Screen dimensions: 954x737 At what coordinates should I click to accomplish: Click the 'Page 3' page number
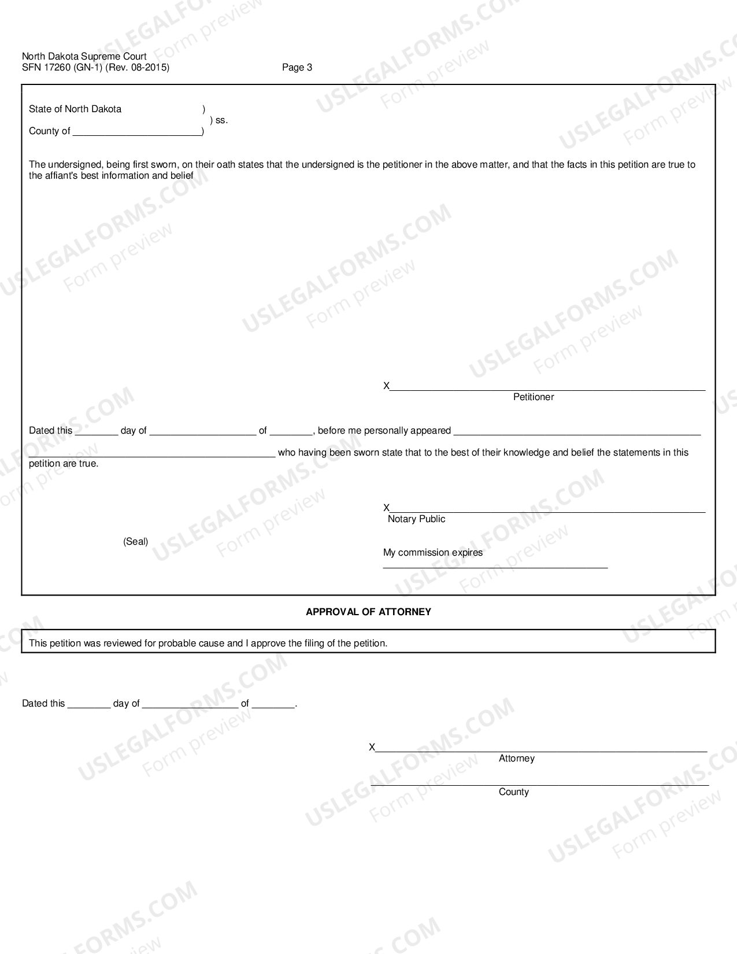(297, 68)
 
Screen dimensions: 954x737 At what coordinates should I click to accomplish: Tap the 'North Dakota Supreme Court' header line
(84, 56)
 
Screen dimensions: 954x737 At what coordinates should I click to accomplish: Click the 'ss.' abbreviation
(221, 120)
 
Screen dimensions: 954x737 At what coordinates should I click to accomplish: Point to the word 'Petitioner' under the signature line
(533, 397)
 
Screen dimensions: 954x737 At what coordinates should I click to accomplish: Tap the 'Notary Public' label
(416, 519)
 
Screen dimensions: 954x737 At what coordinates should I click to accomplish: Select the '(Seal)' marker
(135, 542)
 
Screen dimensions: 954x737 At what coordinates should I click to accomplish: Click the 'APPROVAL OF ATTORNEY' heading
(368, 612)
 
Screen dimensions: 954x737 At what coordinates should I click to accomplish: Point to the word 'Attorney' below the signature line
(516, 759)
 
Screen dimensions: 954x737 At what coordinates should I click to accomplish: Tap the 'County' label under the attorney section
(513, 792)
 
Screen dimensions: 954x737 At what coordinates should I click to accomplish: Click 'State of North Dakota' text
(75, 109)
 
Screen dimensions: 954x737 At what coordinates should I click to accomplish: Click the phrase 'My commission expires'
(432, 553)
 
